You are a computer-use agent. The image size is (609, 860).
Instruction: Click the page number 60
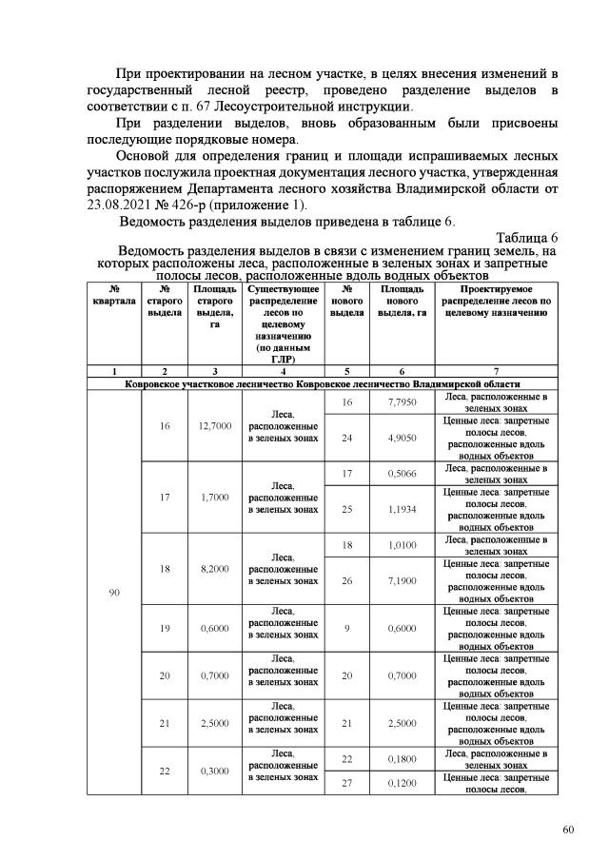tap(568, 830)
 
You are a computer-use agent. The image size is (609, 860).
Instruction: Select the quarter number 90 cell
tap(113, 593)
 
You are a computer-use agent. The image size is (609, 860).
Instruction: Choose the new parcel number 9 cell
tap(346, 628)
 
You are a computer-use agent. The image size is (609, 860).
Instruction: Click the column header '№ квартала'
tap(113, 294)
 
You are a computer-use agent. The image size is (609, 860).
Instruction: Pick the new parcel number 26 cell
tap(346, 580)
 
